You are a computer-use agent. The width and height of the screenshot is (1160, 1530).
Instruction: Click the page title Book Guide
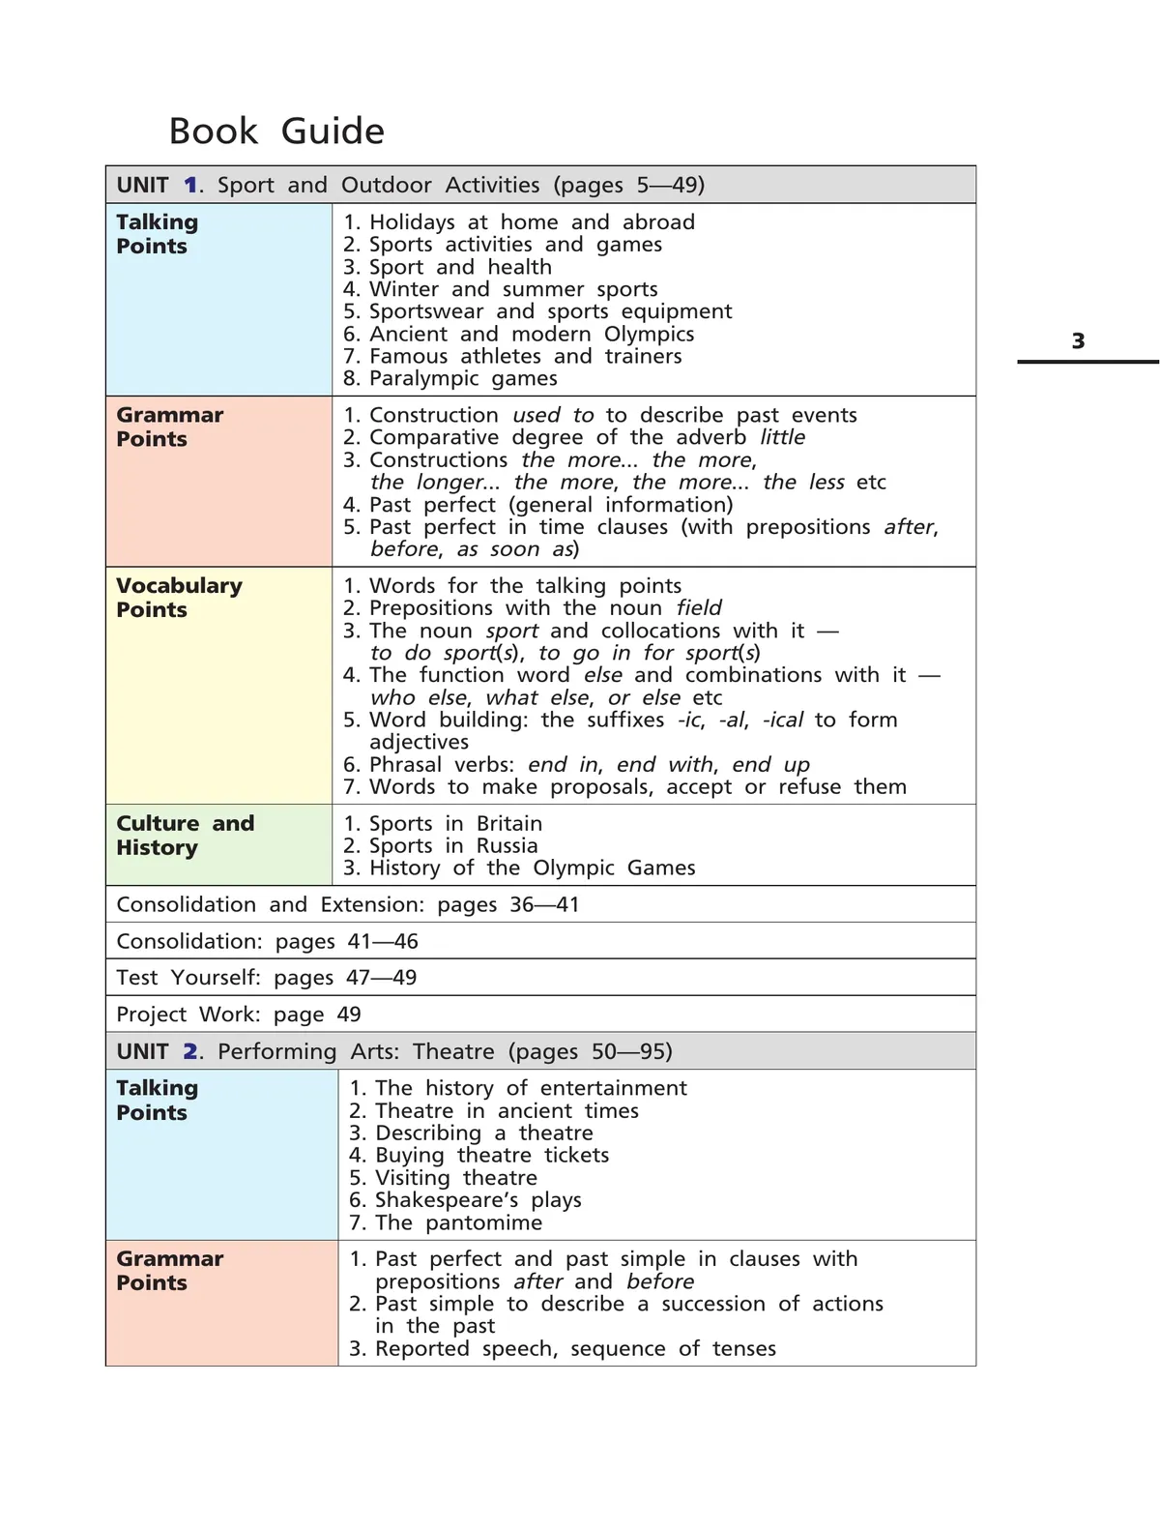[x=276, y=132]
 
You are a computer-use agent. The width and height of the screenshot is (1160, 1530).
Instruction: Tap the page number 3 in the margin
[x=1078, y=340]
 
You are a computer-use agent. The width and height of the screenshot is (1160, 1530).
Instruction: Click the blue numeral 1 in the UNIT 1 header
[x=190, y=185]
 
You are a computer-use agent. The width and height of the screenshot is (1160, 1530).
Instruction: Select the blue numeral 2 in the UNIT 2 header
[x=190, y=1051]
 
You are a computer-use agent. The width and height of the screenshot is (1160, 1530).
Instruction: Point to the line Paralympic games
[x=450, y=378]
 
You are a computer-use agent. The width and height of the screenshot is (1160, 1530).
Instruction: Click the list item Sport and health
[x=448, y=267]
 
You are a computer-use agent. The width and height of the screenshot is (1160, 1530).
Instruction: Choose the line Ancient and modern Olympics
[x=519, y=334]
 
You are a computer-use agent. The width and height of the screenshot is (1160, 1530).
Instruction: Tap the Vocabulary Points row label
[x=179, y=598]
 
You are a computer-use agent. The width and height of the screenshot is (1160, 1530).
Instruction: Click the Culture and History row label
[x=185, y=836]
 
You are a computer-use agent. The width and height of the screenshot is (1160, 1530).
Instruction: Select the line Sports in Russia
[x=441, y=845]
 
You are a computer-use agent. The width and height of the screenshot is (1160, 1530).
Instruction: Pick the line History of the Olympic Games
[x=519, y=868]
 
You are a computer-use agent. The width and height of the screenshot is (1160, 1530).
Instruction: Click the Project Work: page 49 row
[x=239, y=1015]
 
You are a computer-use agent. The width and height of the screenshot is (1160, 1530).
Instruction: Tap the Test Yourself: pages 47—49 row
[x=267, y=978]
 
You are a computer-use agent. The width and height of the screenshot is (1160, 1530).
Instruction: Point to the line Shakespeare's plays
[x=466, y=1200]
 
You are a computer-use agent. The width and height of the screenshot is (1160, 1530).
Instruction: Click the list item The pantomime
[x=447, y=1222]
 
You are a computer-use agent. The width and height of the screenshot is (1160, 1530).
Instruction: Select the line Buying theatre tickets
[x=479, y=1155]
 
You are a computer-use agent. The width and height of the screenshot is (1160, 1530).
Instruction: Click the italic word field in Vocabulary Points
[x=699, y=607]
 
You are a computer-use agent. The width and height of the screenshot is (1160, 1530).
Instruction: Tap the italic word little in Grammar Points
[x=782, y=437]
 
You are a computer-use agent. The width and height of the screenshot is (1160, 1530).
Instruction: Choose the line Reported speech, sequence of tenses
[x=563, y=1348]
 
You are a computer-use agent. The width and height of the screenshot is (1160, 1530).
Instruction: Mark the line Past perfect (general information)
[x=538, y=504]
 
